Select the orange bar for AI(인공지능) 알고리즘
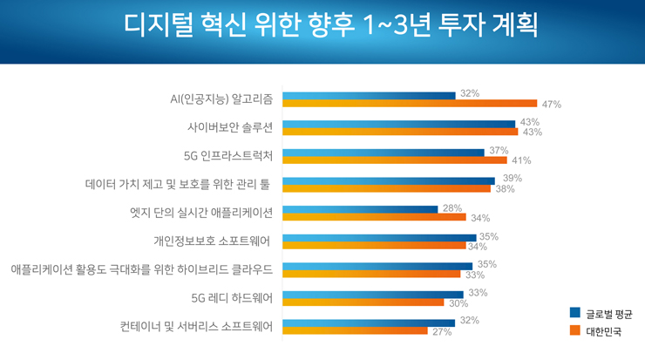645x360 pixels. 410,104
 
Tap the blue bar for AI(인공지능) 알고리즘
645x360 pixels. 370,95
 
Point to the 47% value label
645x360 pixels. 551,104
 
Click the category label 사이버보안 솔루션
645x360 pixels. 230,127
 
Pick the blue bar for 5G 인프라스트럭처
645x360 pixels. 384,152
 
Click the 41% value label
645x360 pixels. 521,160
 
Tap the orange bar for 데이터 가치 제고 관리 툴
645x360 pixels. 388,189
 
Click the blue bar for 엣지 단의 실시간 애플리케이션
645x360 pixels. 361,209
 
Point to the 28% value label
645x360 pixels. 451,207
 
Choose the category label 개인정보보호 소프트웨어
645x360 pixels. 214,241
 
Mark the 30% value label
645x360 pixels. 458,303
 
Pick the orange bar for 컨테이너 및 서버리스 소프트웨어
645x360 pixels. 356,331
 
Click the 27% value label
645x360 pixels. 441,332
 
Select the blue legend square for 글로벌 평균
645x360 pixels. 575,312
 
